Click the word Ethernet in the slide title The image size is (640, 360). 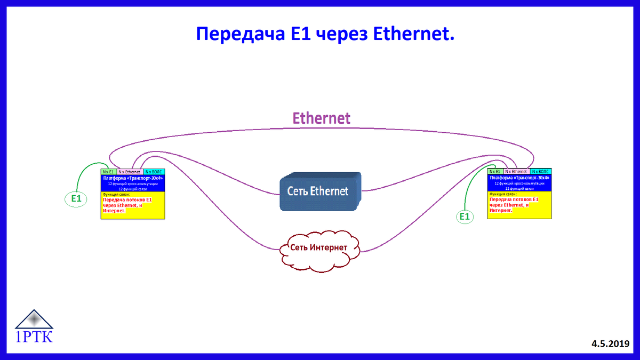413,34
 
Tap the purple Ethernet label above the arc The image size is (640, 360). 321,118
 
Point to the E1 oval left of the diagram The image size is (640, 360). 76,199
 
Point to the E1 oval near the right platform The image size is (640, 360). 465,216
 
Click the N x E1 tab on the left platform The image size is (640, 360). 108,172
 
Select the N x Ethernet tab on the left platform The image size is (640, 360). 130,172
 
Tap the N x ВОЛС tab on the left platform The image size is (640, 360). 154,172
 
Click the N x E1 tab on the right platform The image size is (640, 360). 495,172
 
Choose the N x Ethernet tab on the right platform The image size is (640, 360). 516,172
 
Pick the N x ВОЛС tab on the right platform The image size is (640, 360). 541,172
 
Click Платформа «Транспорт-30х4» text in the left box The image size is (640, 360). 133,178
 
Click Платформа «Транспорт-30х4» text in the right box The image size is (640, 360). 519,178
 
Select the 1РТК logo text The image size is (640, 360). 35,337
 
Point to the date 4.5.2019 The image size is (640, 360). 610,344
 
